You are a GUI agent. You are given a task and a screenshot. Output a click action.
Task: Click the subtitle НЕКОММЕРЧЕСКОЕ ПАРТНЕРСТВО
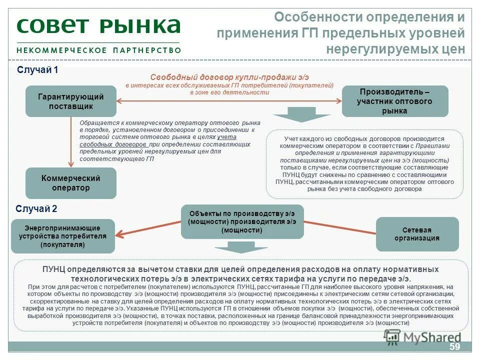(x=98, y=50)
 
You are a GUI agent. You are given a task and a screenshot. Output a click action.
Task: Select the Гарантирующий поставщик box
(x=71, y=101)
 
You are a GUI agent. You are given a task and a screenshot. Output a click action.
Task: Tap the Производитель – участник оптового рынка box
(x=394, y=101)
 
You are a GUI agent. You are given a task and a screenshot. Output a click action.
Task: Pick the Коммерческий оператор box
(x=71, y=183)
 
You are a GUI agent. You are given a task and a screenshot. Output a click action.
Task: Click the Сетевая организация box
(x=417, y=234)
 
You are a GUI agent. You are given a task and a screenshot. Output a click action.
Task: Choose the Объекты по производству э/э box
(x=242, y=221)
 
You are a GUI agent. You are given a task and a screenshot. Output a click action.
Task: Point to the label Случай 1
(x=38, y=70)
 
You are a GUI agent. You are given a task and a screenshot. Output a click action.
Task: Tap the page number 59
(x=454, y=347)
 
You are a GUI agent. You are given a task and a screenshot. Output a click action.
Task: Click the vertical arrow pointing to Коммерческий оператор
(x=71, y=142)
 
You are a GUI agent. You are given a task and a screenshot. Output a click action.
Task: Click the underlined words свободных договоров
(x=113, y=144)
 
